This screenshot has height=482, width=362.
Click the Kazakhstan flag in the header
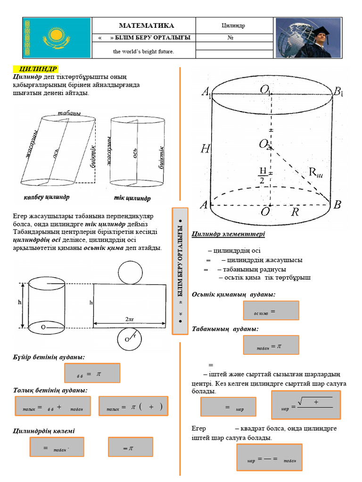pyautogui.click(x=57, y=38)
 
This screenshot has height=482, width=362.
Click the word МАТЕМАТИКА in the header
pyautogui.click(x=146, y=25)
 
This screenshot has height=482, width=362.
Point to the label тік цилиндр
pyautogui.click(x=132, y=198)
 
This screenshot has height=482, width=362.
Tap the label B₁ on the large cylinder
pyautogui.click(x=337, y=92)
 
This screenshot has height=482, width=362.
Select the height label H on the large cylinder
pyautogui.click(x=205, y=149)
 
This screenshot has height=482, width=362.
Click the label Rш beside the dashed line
pyautogui.click(x=315, y=173)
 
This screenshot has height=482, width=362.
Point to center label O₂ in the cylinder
pyautogui.click(x=265, y=145)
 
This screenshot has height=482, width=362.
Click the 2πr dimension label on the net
pyautogui.click(x=130, y=319)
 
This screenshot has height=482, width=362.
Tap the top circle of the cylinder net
pyautogui.click(x=130, y=272)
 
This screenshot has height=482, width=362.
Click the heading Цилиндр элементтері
pyautogui.click(x=228, y=234)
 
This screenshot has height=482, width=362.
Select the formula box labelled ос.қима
pyautogui.click(x=271, y=311)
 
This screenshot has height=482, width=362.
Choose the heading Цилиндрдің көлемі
pyautogui.click(x=43, y=431)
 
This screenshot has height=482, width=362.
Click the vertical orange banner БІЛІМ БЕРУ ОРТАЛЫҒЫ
pyautogui.click(x=180, y=271)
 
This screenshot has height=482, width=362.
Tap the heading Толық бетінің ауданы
pyautogui.click(x=50, y=390)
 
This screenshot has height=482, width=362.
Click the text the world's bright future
pyautogui.click(x=143, y=51)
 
